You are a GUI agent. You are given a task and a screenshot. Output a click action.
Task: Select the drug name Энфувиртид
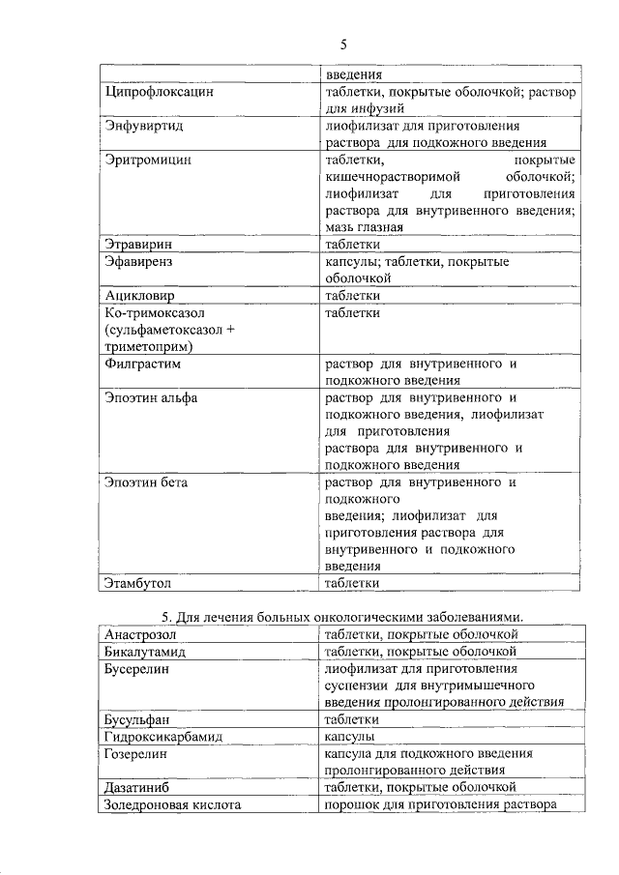coord(143,127)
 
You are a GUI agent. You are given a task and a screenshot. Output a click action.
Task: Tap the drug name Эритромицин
coord(148,160)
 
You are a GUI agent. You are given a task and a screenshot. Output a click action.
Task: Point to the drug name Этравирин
coord(143,246)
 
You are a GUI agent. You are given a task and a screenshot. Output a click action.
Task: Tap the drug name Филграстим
coord(143,365)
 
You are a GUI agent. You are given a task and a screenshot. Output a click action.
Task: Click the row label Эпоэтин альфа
coord(151,398)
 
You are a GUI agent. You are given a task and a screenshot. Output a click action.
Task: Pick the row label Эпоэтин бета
coord(146,481)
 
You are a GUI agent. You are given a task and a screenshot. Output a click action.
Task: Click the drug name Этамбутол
coord(143,583)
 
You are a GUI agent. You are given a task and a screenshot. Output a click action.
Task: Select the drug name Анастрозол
coord(144,635)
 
